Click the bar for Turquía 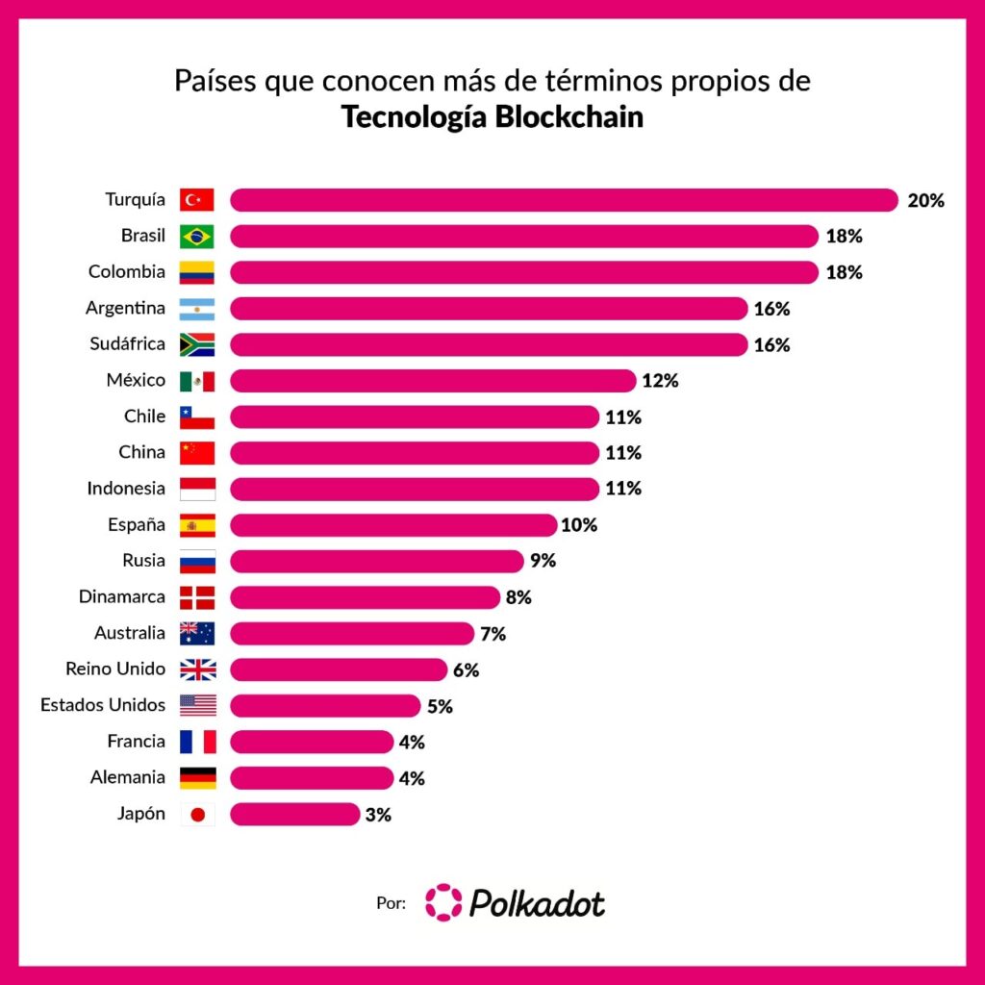564,200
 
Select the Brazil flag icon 197,237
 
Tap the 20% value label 926,200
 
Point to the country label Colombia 127,272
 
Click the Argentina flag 197,309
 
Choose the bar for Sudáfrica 489,344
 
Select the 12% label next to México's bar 660,381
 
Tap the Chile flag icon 197,417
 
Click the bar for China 415,453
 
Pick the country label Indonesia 126,489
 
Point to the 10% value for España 579,525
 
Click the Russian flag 197,561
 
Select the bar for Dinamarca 365,597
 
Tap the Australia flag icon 197,633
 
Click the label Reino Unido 115,669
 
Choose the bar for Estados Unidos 325,705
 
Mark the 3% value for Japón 378,815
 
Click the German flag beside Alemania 197,777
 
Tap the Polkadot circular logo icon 443,902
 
